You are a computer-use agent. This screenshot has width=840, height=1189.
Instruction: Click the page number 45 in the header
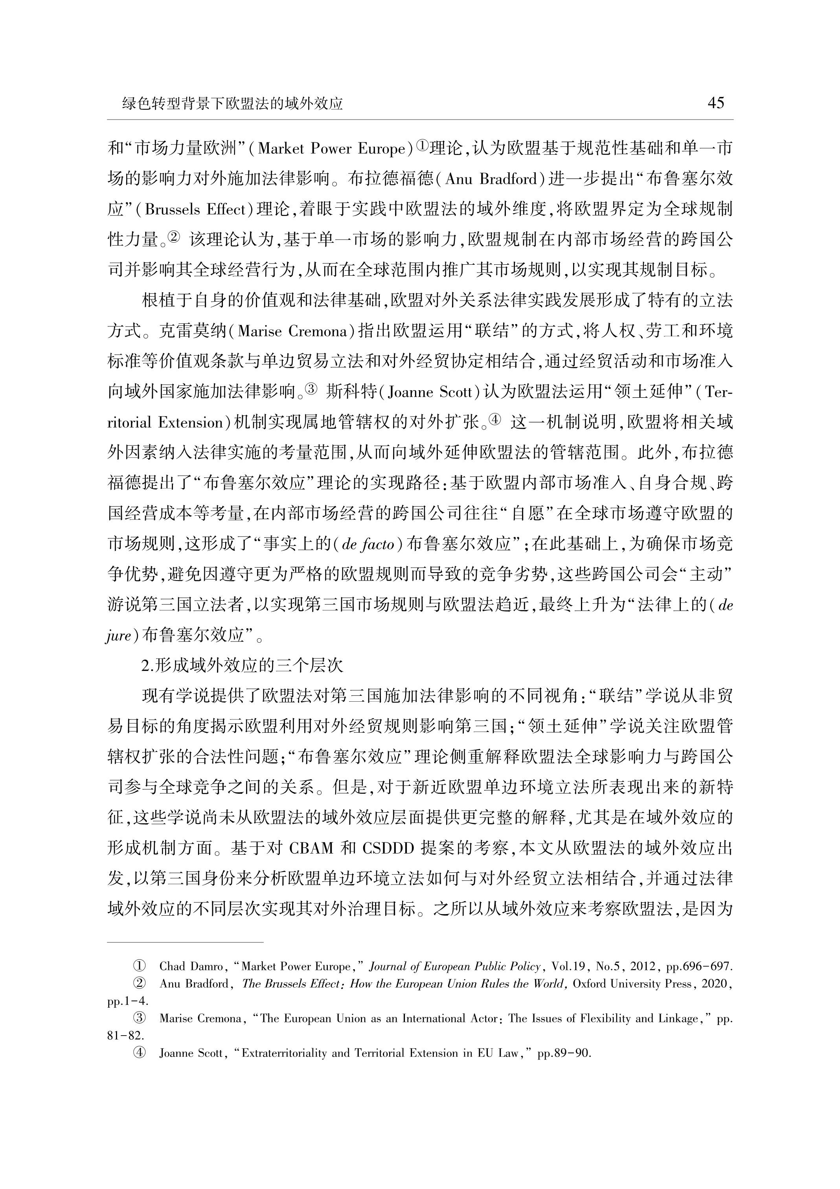pyautogui.click(x=715, y=103)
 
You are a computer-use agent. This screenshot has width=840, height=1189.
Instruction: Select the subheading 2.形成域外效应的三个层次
pyautogui.click(x=242, y=665)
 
